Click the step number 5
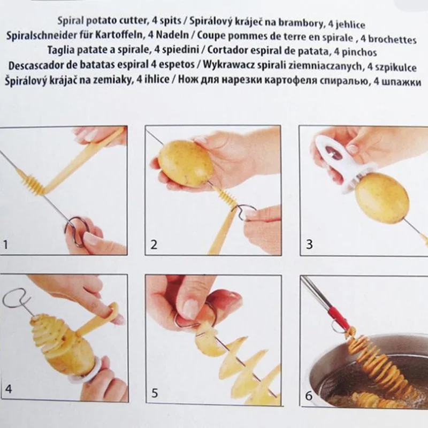pos(155,393)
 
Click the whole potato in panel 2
pos(185,163)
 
